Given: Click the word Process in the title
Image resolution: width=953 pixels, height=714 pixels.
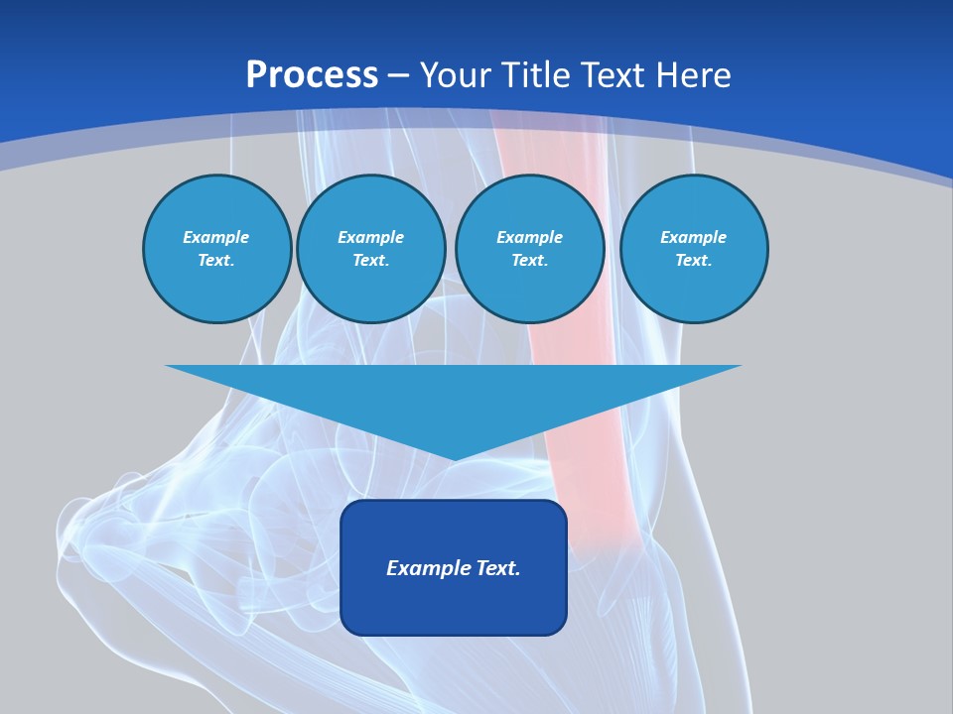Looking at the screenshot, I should click(312, 75).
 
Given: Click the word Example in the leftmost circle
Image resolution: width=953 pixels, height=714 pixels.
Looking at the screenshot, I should click(216, 237).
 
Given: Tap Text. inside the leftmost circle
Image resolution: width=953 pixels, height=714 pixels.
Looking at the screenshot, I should click(216, 260).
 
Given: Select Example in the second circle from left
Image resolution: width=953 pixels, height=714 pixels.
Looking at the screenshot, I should click(370, 237).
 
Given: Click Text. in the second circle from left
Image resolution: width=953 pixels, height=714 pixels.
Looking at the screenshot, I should click(370, 260).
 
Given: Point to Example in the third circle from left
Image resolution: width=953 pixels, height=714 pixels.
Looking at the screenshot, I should click(529, 237).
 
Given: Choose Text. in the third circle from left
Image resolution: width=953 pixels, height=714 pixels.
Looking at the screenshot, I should click(529, 260).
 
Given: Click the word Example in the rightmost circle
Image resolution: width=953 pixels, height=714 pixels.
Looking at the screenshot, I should click(693, 237).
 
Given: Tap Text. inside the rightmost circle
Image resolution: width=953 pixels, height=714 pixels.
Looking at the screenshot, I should click(693, 260).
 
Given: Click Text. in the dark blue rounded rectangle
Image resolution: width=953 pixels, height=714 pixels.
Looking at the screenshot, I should click(496, 568).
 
